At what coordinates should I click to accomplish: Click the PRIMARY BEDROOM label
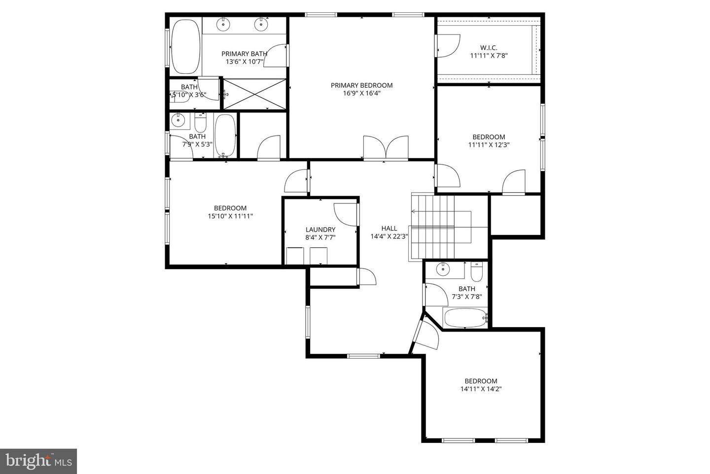[x=361, y=85]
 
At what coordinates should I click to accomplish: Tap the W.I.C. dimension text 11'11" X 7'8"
[x=489, y=56]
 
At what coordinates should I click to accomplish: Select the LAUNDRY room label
[x=320, y=230]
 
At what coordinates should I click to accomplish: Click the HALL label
[x=389, y=228]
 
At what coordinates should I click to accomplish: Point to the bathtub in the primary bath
[x=185, y=46]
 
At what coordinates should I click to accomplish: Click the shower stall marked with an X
[x=254, y=94]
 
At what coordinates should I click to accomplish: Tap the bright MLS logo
[x=38, y=461]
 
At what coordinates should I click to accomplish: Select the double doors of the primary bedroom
[x=386, y=148]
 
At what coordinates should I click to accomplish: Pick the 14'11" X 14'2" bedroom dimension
[x=481, y=389]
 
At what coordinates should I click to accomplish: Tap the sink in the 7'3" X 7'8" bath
[x=444, y=269]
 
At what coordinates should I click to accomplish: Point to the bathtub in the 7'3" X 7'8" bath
[x=465, y=318]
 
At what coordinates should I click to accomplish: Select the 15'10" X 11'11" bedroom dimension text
[x=230, y=216]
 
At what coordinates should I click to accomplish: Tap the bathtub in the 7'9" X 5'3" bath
[x=225, y=135]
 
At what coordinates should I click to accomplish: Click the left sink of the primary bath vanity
[x=224, y=24]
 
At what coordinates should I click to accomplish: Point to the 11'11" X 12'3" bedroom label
[x=489, y=137]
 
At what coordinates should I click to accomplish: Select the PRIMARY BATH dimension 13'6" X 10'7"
[x=245, y=62]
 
